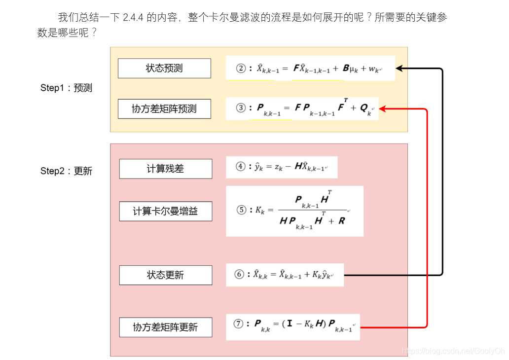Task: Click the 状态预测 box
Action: click(x=164, y=68)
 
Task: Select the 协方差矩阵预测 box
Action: click(x=164, y=109)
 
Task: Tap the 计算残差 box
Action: click(x=165, y=169)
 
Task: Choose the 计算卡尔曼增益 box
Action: click(x=165, y=212)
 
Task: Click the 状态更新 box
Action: click(x=165, y=275)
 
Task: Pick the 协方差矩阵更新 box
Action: click(x=165, y=327)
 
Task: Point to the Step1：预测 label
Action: click(x=66, y=88)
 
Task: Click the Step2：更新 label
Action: click(x=66, y=171)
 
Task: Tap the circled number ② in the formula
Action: click(x=241, y=69)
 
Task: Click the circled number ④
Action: click(x=241, y=167)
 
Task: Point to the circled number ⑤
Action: click(x=241, y=210)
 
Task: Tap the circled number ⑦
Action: click(x=239, y=324)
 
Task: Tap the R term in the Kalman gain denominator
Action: click(x=342, y=221)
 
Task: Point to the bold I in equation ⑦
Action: click(x=291, y=324)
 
